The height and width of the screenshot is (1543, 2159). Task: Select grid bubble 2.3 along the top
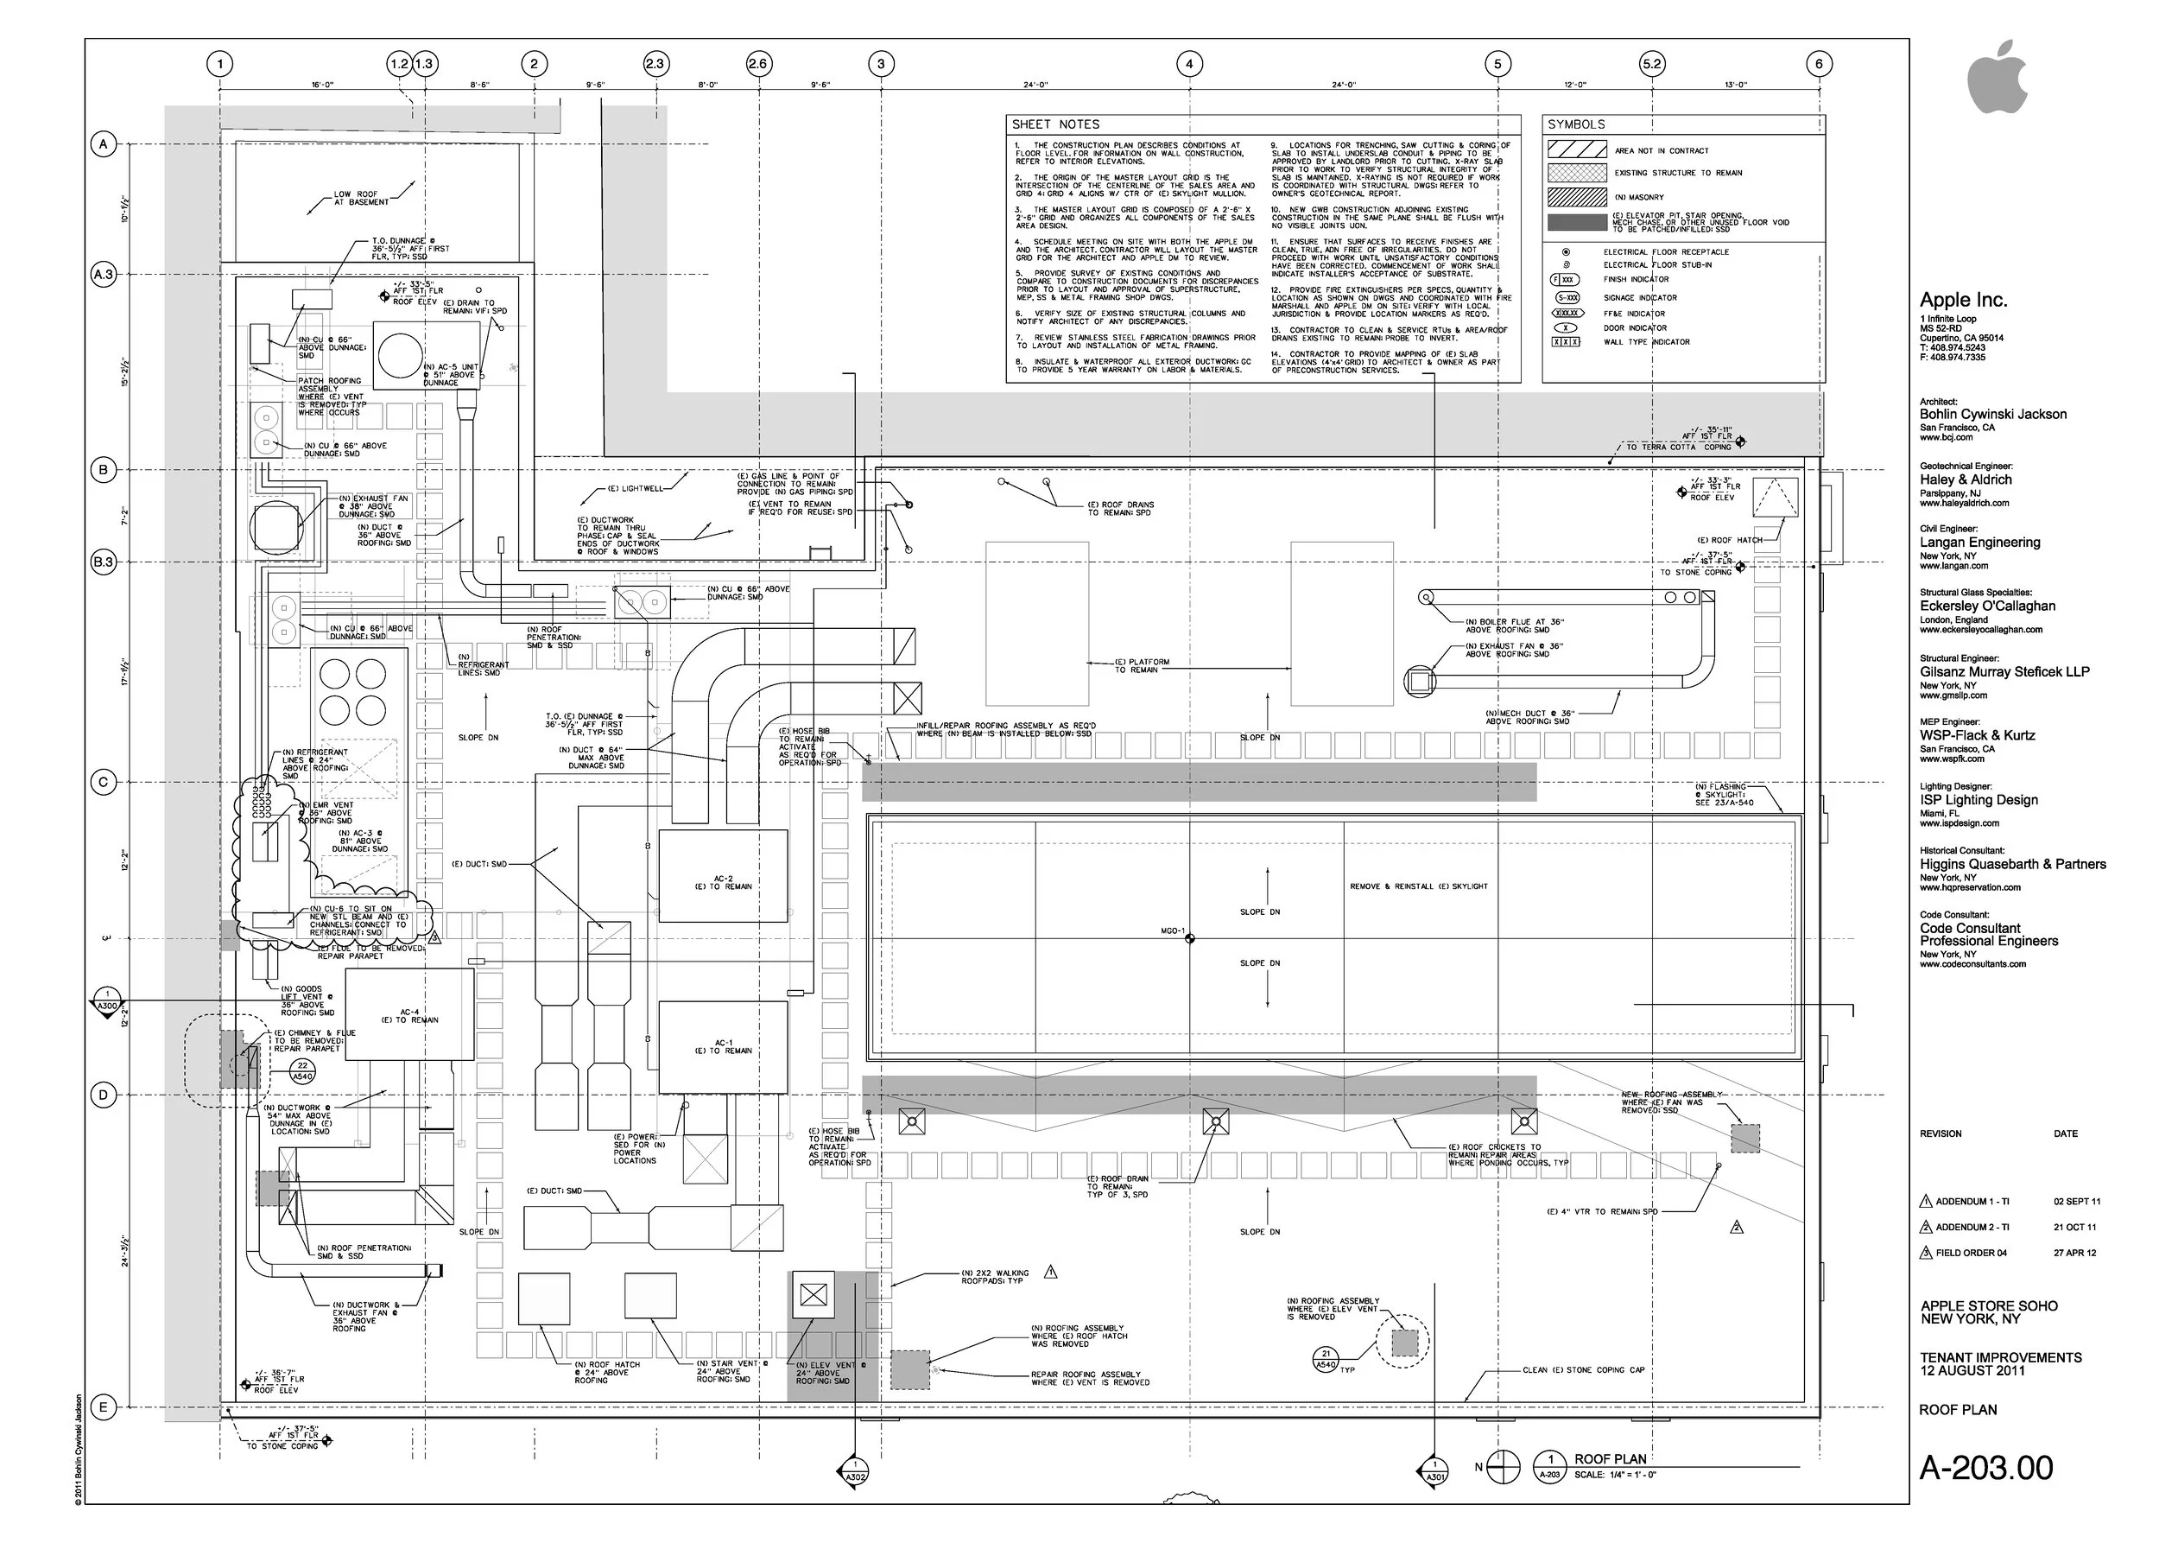point(655,65)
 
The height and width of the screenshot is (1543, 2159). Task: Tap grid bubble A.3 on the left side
point(103,275)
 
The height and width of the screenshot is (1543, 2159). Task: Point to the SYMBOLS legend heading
point(1576,124)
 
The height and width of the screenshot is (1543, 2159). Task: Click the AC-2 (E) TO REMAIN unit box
point(723,876)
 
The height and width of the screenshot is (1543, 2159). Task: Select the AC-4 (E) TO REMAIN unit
point(409,1015)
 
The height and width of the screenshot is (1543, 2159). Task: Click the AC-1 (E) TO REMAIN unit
point(723,1046)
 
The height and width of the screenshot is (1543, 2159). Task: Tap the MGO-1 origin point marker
point(1189,939)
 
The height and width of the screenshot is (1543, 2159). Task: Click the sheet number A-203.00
point(1985,1468)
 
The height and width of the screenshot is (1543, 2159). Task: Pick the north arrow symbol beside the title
point(1503,1467)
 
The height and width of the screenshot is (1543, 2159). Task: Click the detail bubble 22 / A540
point(302,1070)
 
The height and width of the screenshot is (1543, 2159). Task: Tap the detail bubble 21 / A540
point(1326,1359)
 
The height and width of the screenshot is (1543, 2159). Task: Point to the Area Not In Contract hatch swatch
point(1577,149)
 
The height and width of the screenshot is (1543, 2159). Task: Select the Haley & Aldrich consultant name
point(1966,479)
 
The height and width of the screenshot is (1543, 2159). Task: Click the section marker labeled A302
point(855,1472)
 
